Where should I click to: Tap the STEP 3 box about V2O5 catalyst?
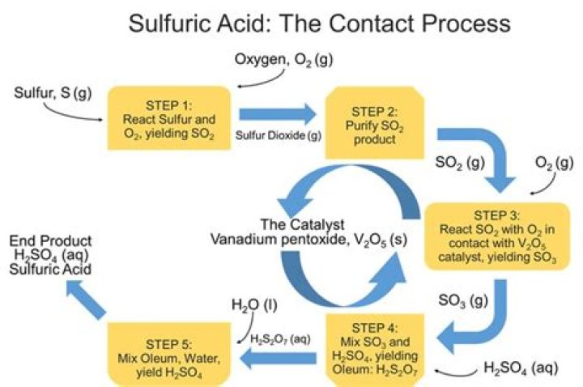coord(496,235)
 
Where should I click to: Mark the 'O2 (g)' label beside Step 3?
coord(553,163)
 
